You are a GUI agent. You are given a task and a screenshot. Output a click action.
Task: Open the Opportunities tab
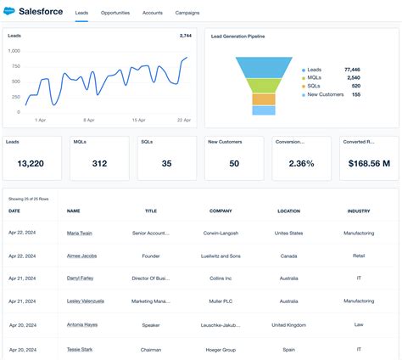tap(114, 14)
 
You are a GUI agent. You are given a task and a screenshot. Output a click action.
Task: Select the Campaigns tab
tap(187, 14)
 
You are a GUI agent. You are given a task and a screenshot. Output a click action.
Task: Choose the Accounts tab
tap(153, 14)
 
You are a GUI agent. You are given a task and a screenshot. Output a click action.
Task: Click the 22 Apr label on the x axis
tap(182, 120)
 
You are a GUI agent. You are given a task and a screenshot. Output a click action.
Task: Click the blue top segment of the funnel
tap(264, 67)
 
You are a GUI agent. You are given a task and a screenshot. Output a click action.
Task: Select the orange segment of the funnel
tap(264, 98)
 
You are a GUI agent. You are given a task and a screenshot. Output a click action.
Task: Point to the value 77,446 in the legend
tap(352, 69)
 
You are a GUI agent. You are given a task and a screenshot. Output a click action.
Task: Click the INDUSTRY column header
tap(359, 211)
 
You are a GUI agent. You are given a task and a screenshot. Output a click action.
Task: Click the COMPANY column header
tap(221, 211)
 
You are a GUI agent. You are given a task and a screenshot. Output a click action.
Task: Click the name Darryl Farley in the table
tap(80, 278)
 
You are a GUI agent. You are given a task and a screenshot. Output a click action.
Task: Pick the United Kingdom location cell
tap(289, 324)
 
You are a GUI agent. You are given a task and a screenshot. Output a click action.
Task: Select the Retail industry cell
tap(359, 255)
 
